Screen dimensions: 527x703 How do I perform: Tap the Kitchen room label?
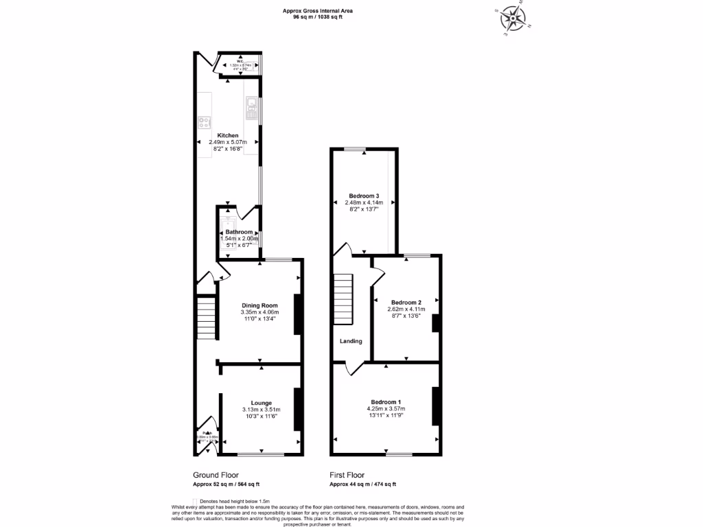pyautogui.click(x=228, y=135)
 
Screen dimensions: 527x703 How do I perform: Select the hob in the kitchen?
pyautogui.click(x=204, y=123)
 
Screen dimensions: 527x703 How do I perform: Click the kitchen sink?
pyautogui.click(x=251, y=106)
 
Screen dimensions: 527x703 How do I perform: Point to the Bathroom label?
pyautogui.click(x=240, y=232)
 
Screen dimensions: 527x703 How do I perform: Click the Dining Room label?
pyautogui.click(x=260, y=305)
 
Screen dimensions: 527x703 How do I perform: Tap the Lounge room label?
pyautogui.click(x=261, y=403)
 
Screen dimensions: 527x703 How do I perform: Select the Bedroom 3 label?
pyautogui.click(x=363, y=196)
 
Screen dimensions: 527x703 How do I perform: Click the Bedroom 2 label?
pyautogui.click(x=406, y=302)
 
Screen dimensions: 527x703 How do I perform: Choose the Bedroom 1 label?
pyautogui.click(x=386, y=401)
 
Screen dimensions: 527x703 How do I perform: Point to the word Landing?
pyautogui.click(x=350, y=341)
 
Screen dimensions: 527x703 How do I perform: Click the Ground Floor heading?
pyautogui.click(x=216, y=475)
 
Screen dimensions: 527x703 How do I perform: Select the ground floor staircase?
pyautogui.click(x=207, y=318)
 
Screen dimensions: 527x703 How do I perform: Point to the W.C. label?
pyautogui.click(x=241, y=61)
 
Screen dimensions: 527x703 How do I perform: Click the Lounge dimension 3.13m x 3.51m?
pyautogui.click(x=261, y=410)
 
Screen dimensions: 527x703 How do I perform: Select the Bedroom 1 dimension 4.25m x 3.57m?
pyautogui.click(x=386, y=408)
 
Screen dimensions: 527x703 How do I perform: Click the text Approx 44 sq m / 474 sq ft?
pyautogui.click(x=362, y=484)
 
